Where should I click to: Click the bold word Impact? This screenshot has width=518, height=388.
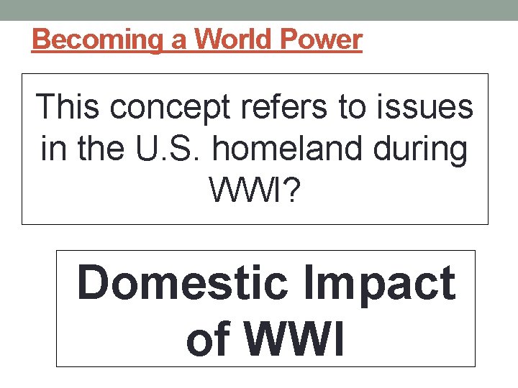point(381,285)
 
